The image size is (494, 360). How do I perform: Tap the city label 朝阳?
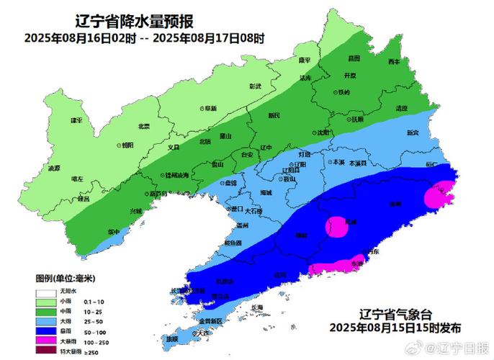127,145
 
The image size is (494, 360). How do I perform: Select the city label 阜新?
210,108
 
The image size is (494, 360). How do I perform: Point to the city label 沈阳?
320,133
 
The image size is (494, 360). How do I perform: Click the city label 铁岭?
343,92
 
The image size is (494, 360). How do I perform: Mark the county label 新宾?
412,132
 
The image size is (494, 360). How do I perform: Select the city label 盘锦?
230,184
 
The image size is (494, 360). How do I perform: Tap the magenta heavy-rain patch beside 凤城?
336,227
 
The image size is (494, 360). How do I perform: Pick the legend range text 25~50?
93,320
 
